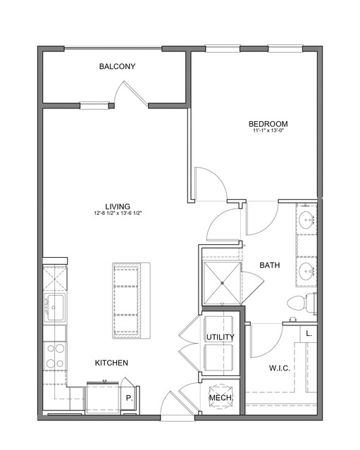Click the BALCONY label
tap(117, 67)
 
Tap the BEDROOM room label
tap(268, 124)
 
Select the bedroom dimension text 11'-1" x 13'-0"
tap(268, 131)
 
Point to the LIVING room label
tap(118, 206)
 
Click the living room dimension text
tap(118, 213)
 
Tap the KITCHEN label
tap(111, 363)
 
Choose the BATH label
tap(270, 265)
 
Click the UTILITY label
tap(221, 337)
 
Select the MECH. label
tap(221, 398)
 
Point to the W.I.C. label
tap(280, 368)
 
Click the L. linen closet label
tap(309, 334)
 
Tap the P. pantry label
tap(130, 398)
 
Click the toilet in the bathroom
tap(302, 304)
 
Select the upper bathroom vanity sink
tap(307, 220)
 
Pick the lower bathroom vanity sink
tap(307, 271)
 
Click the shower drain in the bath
tap(222, 283)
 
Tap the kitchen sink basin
tap(55, 307)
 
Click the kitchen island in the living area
tap(131, 301)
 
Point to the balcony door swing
tap(130, 93)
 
